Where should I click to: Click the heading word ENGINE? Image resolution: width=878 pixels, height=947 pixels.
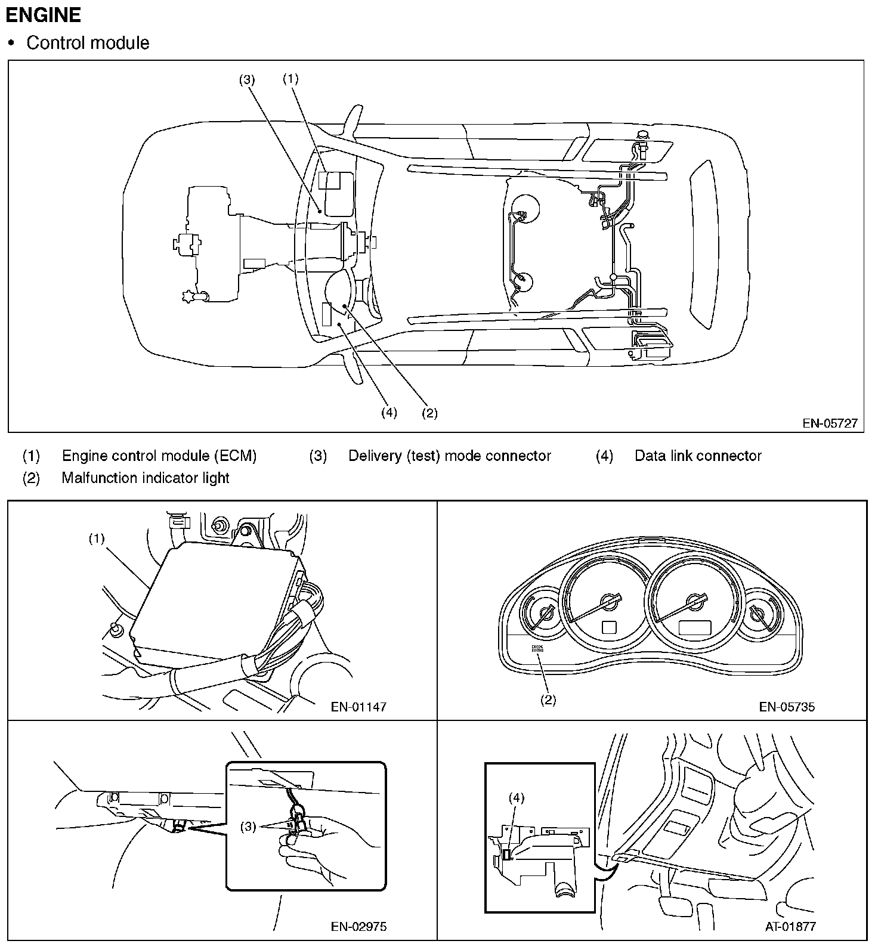pos(43,15)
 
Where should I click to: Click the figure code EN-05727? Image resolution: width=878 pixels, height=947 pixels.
pos(830,423)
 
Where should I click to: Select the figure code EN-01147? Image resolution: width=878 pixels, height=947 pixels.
pos(358,707)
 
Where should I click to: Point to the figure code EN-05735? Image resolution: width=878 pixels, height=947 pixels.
pos(787,707)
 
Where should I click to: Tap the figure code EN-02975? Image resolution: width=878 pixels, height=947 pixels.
pos(358,927)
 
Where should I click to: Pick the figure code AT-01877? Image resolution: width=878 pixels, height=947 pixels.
pos(790,927)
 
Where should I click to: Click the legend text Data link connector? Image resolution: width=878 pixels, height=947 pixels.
pos(698,456)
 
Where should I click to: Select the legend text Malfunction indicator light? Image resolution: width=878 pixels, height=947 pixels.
pos(146,478)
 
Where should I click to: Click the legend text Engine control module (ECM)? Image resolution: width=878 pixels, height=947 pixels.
pos(159,456)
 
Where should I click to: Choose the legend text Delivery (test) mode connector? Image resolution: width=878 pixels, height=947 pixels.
pos(450,456)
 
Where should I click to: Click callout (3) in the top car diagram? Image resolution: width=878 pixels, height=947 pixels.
pos(247,79)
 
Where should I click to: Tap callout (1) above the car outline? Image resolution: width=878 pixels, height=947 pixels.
pos(290,78)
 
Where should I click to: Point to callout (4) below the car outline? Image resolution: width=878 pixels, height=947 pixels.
pos(389,413)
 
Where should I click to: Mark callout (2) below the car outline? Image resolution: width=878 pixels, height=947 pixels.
pos(429,413)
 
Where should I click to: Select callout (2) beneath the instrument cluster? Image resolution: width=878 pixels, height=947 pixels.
pos(548,700)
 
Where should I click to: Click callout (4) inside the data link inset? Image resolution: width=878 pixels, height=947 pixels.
pos(517,798)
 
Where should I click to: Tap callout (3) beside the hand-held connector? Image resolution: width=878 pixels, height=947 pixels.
pos(249,827)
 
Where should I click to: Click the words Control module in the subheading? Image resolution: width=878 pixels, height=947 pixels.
pos(88,43)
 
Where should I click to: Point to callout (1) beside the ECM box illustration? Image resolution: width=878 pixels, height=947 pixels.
pos(97,539)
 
